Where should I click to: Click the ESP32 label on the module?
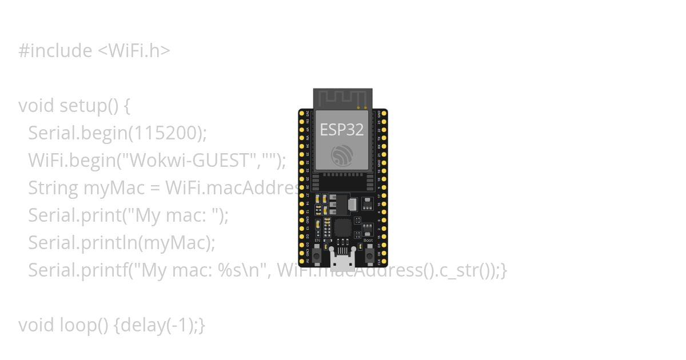click(x=342, y=130)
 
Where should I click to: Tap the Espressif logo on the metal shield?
click(x=342, y=155)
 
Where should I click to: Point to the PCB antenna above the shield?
click(x=342, y=98)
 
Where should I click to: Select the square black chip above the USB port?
click(x=342, y=228)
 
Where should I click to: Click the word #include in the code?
click(x=55, y=51)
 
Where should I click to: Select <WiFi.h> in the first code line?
click(x=134, y=51)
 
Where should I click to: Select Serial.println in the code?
click(x=80, y=243)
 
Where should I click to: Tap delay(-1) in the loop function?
click(x=157, y=325)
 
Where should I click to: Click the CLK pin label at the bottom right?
click(x=380, y=262)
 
